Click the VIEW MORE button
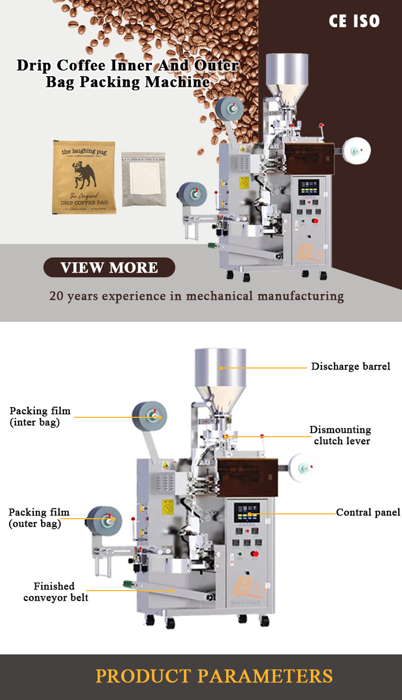tap(109, 268)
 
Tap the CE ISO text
tap(354, 21)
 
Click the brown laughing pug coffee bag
tap(84, 177)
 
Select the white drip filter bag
tap(143, 179)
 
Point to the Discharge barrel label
tap(351, 367)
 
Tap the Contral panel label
tap(368, 513)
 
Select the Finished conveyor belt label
tap(56, 592)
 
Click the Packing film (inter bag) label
tap(40, 416)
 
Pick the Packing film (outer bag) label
tap(39, 518)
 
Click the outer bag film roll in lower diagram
tap(105, 519)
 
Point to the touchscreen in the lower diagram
tap(247, 513)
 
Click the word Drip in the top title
tap(35, 65)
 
